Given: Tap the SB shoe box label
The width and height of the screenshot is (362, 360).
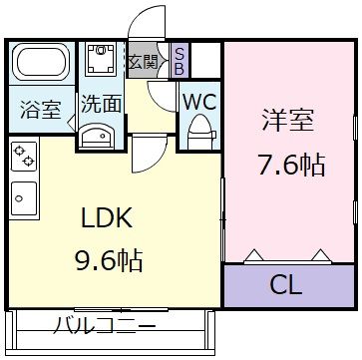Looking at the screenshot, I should [x=179, y=60].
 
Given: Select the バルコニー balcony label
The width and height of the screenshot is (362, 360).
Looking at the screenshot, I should [x=104, y=326].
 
